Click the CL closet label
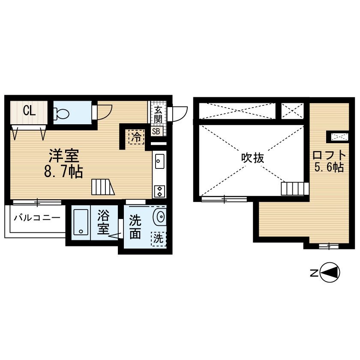[29, 111]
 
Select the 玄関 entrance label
[158, 114]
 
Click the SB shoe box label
[156, 131]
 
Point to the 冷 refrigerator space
[137, 137]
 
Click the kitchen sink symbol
[159, 161]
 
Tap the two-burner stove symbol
[159, 191]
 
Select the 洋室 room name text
[64, 156]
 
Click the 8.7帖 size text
[63, 171]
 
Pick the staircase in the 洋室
[103, 187]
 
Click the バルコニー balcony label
[37, 217]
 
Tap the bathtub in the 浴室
[81, 222]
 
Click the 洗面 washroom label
[135, 227]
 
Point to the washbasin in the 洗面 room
[160, 216]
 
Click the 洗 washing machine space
[159, 239]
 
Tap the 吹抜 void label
[252, 158]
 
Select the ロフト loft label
[329, 156]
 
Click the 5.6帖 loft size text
[329, 167]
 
